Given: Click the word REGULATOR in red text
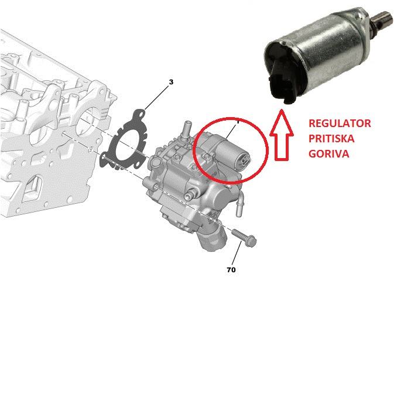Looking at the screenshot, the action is pyautogui.click(x=340, y=123).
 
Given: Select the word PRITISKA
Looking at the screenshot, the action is pyautogui.click(x=331, y=139).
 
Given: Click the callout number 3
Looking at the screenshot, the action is pyautogui.click(x=171, y=82).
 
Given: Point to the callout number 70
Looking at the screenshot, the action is pyautogui.click(x=231, y=270).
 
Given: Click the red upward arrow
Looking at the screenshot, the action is pyautogui.click(x=281, y=135).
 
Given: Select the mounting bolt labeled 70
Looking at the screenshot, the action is pyautogui.click(x=244, y=237).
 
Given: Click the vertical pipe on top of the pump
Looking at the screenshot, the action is pyautogui.click(x=186, y=131).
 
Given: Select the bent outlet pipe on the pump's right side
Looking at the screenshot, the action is pyautogui.click(x=239, y=204).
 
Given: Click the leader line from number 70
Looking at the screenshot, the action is pyautogui.click(x=237, y=254).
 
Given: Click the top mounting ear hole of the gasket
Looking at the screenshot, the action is pyautogui.click(x=141, y=113).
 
